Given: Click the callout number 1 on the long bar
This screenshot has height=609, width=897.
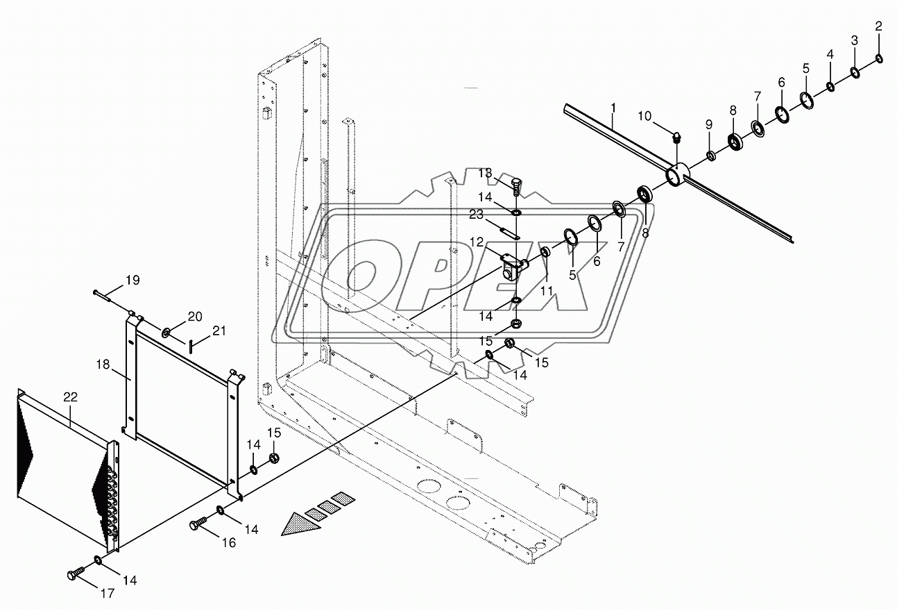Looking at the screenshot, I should pyautogui.click(x=613, y=108).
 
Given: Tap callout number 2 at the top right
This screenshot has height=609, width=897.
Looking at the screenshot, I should pyautogui.click(x=878, y=27).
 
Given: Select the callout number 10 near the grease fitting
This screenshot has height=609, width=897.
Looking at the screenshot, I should pyautogui.click(x=645, y=116).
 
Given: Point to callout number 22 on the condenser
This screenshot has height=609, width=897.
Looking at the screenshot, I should pyautogui.click(x=70, y=397).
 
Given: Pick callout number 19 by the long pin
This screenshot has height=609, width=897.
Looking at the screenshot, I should pyautogui.click(x=132, y=281).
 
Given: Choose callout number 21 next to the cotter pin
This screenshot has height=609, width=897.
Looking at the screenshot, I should pyautogui.click(x=219, y=331).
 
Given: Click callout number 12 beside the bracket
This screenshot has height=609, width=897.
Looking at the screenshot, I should pyautogui.click(x=495, y=242).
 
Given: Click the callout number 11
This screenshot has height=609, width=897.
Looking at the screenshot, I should pyautogui.click(x=547, y=291).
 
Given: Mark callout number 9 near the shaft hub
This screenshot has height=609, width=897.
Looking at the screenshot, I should pyautogui.click(x=708, y=124).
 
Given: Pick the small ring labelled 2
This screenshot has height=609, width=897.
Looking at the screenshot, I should pyautogui.click(x=879, y=58).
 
